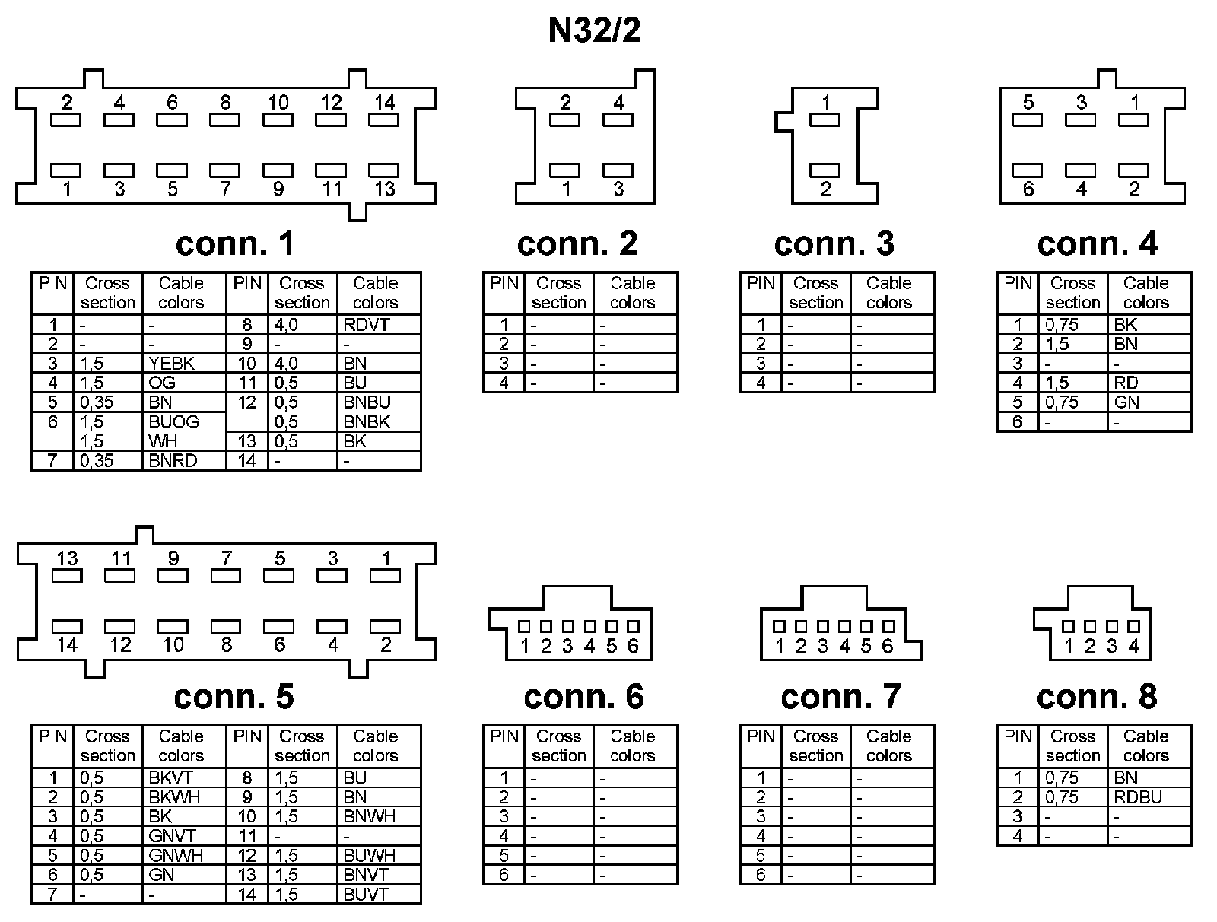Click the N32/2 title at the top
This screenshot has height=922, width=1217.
click(x=594, y=31)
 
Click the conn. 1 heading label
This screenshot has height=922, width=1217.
click(x=234, y=243)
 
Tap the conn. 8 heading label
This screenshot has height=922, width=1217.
click(x=1097, y=696)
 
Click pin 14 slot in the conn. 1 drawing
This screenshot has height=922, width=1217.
click(x=385, y=120)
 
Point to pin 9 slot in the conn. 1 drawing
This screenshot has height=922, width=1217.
click(x=278, y=170)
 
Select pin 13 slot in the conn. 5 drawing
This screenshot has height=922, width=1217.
click(x=67, y=577)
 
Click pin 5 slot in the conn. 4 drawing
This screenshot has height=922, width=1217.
click(x=1028, y=119)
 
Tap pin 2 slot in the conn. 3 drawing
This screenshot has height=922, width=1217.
click(x=825, y=170)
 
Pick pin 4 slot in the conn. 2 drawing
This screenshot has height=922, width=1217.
click(x=618, y=119)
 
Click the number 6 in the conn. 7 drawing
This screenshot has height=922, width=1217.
click(x=887, y=647)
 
